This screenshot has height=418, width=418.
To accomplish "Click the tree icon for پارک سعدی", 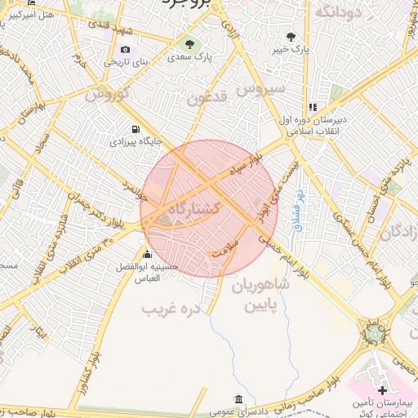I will click(190, 44).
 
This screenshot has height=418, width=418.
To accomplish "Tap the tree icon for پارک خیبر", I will click(291, 37).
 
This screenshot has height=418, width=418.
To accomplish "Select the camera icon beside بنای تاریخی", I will click(106, 61).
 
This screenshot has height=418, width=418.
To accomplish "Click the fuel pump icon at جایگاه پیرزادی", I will click(134, 129).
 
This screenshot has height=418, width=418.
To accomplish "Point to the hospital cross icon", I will click(382, 391).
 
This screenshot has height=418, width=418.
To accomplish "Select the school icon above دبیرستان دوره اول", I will click(312, 107).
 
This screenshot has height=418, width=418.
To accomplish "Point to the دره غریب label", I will click(171, 309).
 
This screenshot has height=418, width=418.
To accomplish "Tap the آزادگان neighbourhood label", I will click(400, 232).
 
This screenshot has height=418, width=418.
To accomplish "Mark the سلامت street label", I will click(223, 254).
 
